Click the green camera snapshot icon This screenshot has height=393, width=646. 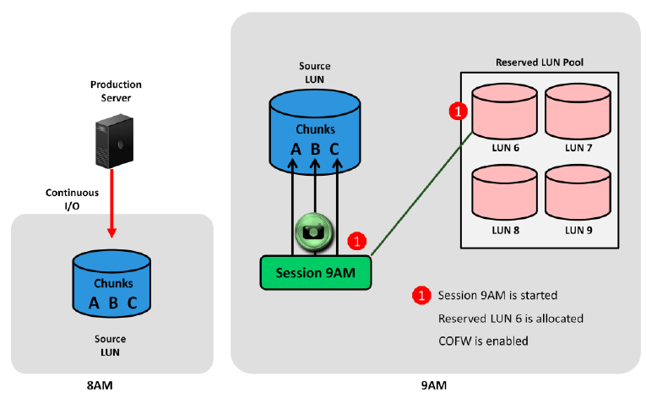coord(314,231)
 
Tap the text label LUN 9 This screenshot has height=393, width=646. coord(578,230)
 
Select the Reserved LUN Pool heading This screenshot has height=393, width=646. coord(540,63)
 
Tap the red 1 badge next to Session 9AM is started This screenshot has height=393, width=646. coord(421,296)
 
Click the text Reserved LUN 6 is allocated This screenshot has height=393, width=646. coord(511,319)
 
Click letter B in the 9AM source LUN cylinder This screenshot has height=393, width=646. coord(315,150)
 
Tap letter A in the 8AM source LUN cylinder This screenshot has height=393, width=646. coord(95,302)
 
